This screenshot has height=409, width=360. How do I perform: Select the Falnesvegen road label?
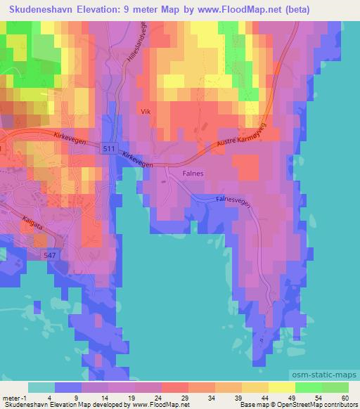tap(229, 200)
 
